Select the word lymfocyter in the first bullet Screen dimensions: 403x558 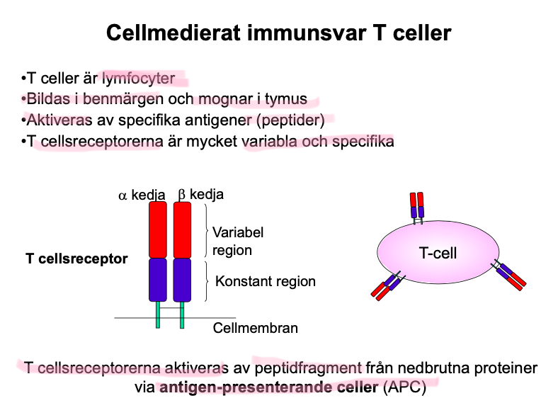(138, 79)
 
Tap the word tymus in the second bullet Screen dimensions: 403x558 (288, 100)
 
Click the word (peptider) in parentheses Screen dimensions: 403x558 (290, 120)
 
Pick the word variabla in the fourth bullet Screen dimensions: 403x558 (269, 141)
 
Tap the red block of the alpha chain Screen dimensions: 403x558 (157, 229)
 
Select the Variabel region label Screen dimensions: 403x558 (238, 241)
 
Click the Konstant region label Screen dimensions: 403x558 (266, 281)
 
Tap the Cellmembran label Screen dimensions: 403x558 (256, 328)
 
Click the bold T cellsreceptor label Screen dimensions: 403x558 (76, 259)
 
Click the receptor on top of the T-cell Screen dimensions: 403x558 (416, 207)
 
